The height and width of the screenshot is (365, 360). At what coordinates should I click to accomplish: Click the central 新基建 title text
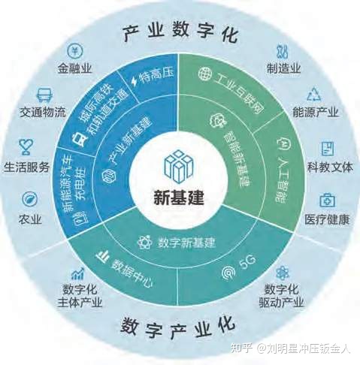pyautogui.click(x=179, y=198)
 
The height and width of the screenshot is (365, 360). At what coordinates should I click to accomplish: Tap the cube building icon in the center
pyautogui.click(x=179, y=167)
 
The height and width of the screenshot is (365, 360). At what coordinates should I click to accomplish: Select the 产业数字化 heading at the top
pyautogui.click(x=180, y=33)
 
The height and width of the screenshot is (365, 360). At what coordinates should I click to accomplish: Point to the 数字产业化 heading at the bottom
pyautogui.click(x=178, y=327)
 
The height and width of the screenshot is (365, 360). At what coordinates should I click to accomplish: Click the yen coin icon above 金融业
pyautogui.click(x=75, y=50)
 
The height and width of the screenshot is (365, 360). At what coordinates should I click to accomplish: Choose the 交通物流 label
pyautogui.click(x=43, y=112)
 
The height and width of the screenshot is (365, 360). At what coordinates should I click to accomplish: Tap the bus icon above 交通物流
pyautogui.click(x=44, y=95)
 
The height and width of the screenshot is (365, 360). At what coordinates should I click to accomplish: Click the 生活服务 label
pyautogui.click(x=26, y=167)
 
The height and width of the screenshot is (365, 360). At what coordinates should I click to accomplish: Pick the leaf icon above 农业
pyautogui.click(x=30, y=199)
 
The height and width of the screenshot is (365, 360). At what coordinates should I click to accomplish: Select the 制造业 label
pyautogui.click(x=283, y=68)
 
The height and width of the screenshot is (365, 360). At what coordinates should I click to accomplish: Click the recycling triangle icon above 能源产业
pyautogui.click(x=314, y=95)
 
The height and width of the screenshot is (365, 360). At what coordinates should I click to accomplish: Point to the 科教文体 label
pyautogui.click(x=330, y=167)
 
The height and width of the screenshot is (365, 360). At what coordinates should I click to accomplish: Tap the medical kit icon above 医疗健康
pyautogui.click(x=327, y=201)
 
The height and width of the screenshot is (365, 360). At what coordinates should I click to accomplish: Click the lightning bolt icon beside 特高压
pyautogui.click(x=135, y=81)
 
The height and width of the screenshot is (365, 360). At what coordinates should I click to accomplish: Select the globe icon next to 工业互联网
pyautogui.click(x=205, y=74)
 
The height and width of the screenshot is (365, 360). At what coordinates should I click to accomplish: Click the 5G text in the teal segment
pyautogui.click(x=247, y=262)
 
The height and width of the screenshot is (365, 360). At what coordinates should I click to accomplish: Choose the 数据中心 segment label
pyautogui.click(x=132, y=273)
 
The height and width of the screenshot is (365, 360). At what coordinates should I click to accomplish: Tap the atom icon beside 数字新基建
pyautogui.click(x=145, y=243)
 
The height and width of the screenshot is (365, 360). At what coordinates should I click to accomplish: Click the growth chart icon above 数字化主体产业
pyautogui.click(x=77, y=273)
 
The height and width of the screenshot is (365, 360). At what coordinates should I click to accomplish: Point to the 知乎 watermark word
pyautogui.click(x=241, y=348)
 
